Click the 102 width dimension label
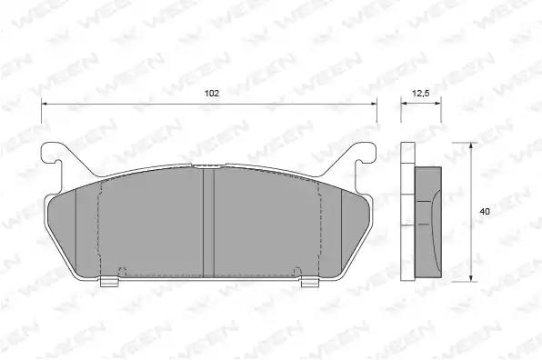pos(212,94)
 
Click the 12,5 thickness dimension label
pos(421,93)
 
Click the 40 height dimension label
pos(485,212)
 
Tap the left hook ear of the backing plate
pos(55,155)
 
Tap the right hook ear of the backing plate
pos(362,155)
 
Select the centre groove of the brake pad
pos(208,222)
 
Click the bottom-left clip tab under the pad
pos(109,282)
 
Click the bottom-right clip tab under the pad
pos(310,282)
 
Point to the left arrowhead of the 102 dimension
pos(44,104)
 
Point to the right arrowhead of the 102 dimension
pos(374,104)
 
